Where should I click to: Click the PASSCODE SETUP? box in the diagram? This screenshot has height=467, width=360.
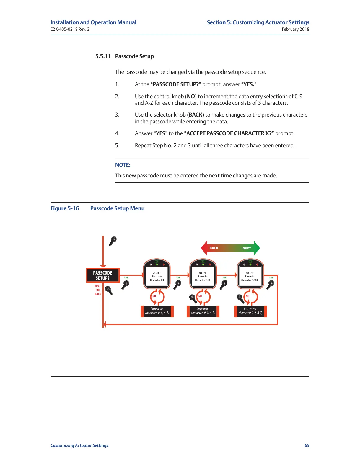(x=102, y=275)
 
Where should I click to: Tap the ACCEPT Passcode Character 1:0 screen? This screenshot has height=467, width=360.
(x=157, y=277)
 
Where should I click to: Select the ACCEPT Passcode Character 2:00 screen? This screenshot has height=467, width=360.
(x=202, y=277)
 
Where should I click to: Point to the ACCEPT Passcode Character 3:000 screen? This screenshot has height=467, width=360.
(x=250, y=277)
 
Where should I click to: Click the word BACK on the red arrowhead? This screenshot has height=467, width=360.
(x=214, y=248)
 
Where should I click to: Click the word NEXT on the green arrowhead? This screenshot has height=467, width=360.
(x=247, y=248)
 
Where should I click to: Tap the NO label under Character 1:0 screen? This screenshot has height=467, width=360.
(x=154, y=296)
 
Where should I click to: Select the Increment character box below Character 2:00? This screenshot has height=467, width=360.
(x=203, y=311)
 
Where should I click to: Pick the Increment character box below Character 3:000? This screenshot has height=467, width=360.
(x=250, y=311)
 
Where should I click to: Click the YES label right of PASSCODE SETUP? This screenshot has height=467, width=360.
(x=126, y=278)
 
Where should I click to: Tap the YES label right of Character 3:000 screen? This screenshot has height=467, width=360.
(x=271, y=278)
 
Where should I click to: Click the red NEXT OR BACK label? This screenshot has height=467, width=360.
(x=98, y=290)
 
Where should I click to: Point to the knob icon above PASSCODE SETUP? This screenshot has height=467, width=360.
(x=113, y=241)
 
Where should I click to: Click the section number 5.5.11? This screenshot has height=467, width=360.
(x=103, y=56)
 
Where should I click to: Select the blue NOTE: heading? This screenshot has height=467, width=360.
(x=123, y=165)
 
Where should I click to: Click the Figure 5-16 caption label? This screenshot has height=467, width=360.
(x=65, y=208)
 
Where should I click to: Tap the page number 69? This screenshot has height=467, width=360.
(x=307, y=445)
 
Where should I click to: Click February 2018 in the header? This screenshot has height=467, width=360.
(x=295, y=29)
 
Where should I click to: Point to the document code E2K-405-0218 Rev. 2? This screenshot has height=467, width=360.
(x=70, y=29)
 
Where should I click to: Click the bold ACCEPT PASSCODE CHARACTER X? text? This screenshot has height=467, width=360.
(x=229, y=133)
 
